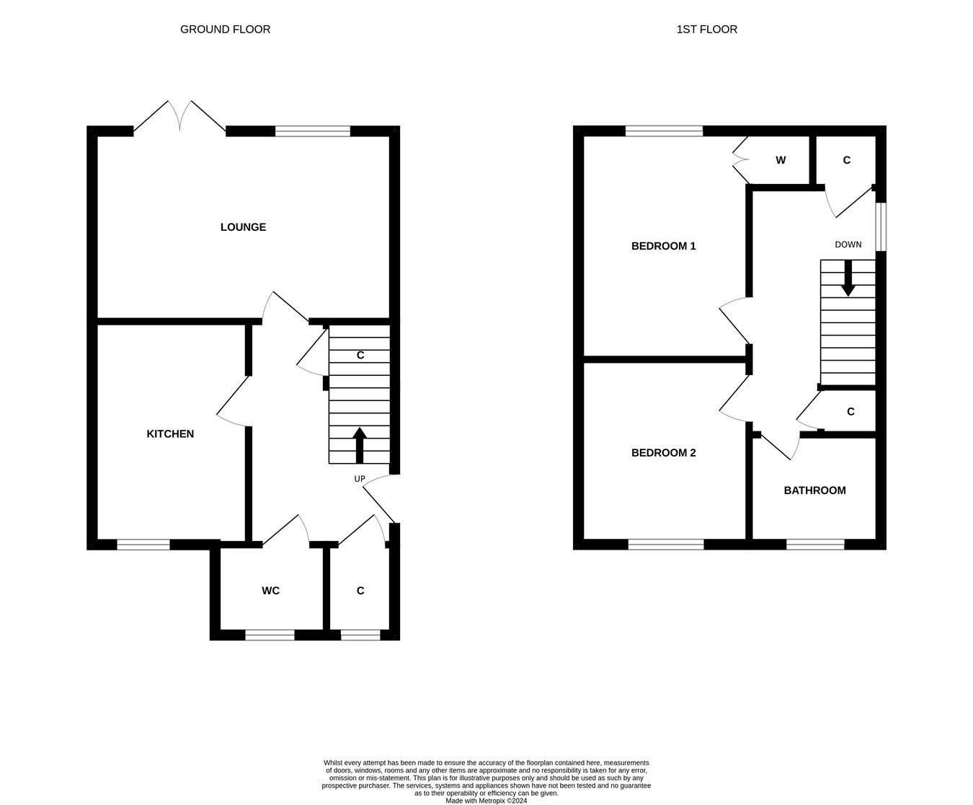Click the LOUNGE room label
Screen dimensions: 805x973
[243, 227]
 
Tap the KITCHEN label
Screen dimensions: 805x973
[170, 434]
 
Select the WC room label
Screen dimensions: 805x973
[270, 591]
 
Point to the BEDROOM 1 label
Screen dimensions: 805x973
[663, 246]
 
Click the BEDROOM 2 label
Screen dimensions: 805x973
[663, 453]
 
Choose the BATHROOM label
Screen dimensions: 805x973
[814, 491]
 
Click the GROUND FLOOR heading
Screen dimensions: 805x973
[225, 30]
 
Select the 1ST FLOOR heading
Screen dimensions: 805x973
[706, 30]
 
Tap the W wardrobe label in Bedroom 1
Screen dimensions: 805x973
[781, 160]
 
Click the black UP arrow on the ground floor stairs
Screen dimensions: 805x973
[359, 444]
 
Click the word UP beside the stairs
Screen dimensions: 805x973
[360, 479]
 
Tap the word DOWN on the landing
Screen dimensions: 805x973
[848, 245]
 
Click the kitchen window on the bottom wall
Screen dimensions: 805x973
[143, 545]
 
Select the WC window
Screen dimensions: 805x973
[270, 635]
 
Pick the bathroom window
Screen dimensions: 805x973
[814, 545]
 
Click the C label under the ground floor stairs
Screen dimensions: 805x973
[360, 356]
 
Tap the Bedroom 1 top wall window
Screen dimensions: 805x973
[664, 131]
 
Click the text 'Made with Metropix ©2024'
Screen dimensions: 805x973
[486, 801]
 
